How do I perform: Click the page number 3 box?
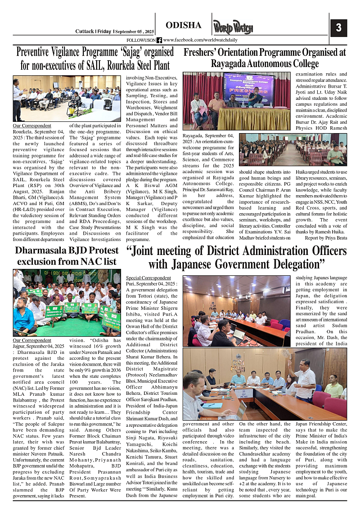tap(338, 28)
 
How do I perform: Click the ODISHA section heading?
tap(183, 25)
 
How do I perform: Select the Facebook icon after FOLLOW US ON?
tap(159, 40)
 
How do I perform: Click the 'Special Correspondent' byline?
tap(148, 278)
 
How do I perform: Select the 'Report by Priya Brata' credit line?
tap(326, 237)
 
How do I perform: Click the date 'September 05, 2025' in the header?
tap(135, 31)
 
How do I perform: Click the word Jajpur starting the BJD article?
tap(20, 346)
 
